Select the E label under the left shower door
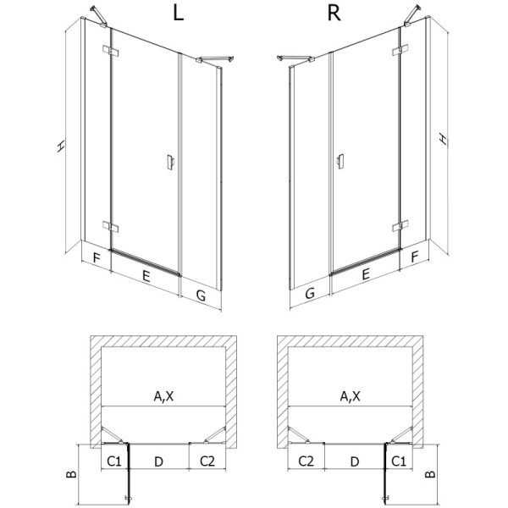pos(146,275)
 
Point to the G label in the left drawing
pos(201,295)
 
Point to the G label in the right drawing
pos(310,294)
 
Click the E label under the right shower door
pos(364,274)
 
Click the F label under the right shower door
pos(415,255)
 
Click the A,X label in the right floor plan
pos(350,395)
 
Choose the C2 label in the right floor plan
pos(306,461)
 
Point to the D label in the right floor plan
pos(355,461)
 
